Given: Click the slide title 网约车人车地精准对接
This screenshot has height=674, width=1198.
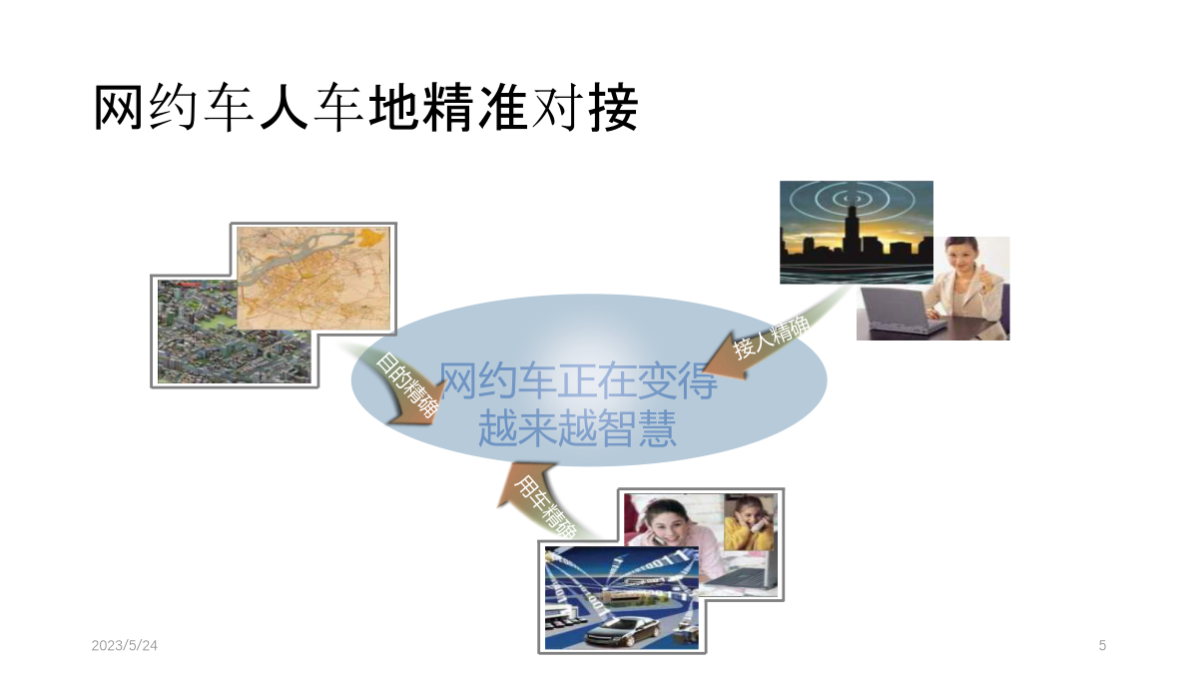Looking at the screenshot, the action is [x=366, y=108].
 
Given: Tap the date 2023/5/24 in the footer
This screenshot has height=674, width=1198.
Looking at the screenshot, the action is [x=124, y=646].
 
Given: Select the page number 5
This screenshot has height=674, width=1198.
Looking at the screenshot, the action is [x=1102, y=646].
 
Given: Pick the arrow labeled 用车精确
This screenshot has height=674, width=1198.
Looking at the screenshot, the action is [x=540, y=503].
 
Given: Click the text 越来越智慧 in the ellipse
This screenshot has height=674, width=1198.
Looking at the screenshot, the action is [x=577, y=428].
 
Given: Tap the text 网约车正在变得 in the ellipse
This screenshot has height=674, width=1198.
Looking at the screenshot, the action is [x=578, y=380].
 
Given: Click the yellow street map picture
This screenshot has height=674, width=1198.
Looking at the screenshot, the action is [x=313, y=279].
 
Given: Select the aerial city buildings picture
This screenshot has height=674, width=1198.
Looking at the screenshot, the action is [x=234, y=332].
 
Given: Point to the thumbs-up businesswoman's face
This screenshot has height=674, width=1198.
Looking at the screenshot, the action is [x=961, y=257].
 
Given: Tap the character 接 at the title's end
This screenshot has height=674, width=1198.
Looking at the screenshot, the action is [x=614, y=108].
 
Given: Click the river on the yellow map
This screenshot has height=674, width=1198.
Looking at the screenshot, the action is [x=299, y=257].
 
